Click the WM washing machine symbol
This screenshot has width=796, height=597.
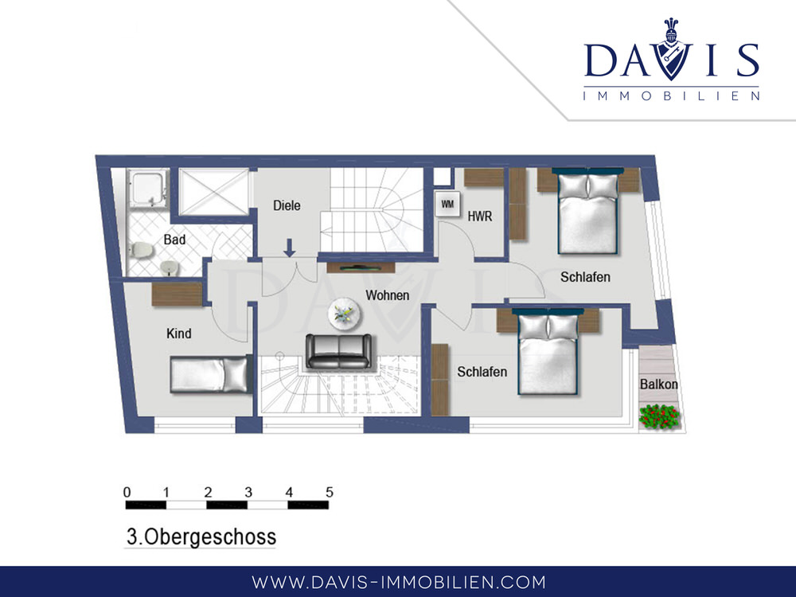pos(447,204)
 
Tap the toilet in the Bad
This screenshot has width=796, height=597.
pos(141,249)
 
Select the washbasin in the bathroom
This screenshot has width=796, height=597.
pos(170,267)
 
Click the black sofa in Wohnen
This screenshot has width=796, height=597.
pos(338,351)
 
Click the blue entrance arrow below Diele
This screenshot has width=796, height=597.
pos(290,248)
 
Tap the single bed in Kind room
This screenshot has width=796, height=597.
pos(211,374)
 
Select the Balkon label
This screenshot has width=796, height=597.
pos(658,384)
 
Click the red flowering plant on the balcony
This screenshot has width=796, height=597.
pos(659,417)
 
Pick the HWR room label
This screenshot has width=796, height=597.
pos(480,217)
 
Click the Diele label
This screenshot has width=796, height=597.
pos(287,205)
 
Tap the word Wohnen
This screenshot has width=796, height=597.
pos(388,295)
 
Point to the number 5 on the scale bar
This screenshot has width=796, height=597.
pos(330,492)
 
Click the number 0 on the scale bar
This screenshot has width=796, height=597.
pos(127,492)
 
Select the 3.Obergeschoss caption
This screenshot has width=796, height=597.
pos(201,537)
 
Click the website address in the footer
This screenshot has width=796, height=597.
pos(399,582)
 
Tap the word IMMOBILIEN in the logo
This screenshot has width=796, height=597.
pos(671,96)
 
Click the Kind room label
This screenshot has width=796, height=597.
pos(178,334)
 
